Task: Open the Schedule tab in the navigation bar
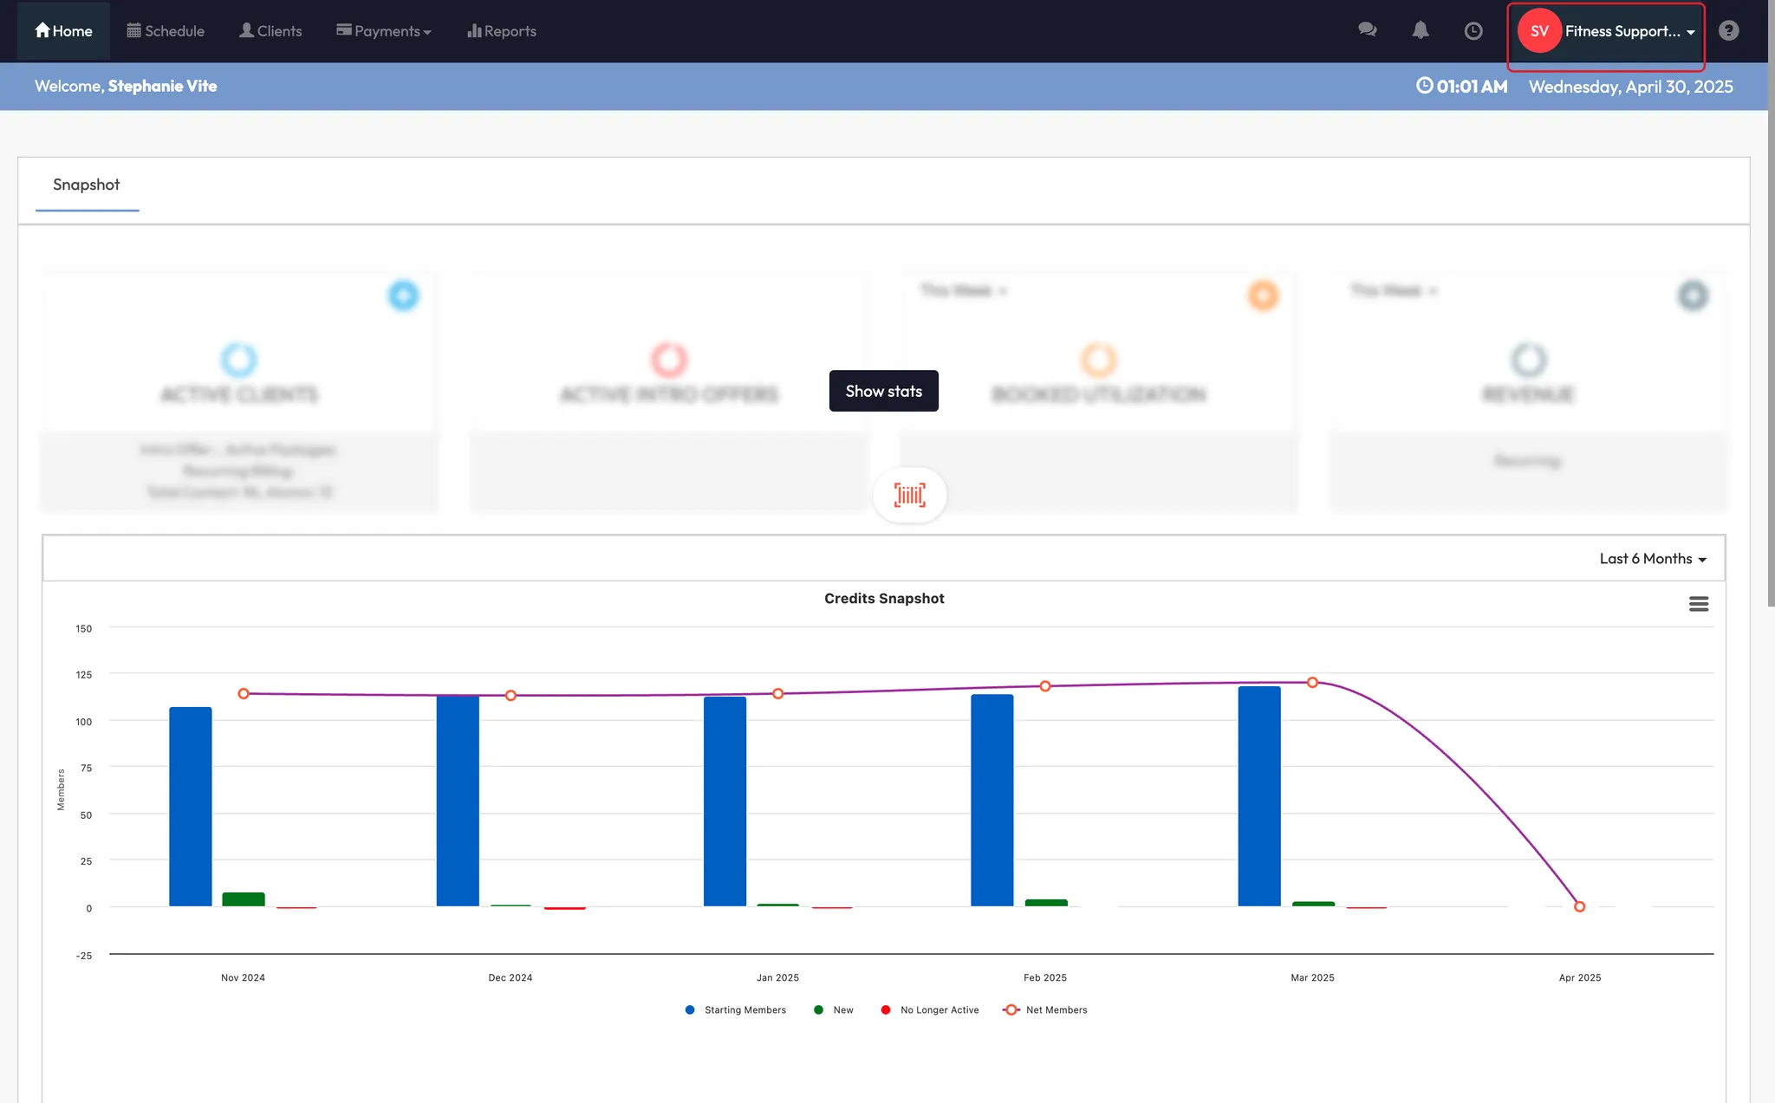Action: click(166, 31)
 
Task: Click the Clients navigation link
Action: click(270, 31)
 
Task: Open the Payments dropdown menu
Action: click(383, 31)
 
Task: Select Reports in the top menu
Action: click(502, 31)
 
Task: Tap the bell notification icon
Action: click(1420, 31)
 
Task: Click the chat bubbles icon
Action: click(1367, 30)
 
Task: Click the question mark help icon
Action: click(1728, 31)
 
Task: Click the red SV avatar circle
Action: click(1539, 31)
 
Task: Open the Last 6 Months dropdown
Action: click(1652, 559)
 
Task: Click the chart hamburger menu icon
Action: click(1698, 604)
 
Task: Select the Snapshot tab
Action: click(87, 185)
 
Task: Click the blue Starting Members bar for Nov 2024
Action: click(191, 806)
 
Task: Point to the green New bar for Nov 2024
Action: click(244, 899)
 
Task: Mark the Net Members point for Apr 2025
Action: click(1579, 906)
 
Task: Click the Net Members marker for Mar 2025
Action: click(1312, 683)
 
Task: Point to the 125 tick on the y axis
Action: click(83, 675)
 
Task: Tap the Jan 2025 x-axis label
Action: click(777, 977)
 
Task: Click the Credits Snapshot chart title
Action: click(884, 599)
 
